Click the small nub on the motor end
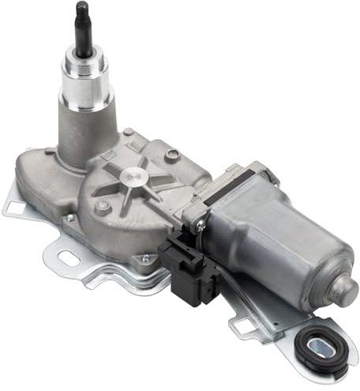[x=347, y=287]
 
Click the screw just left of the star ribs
[x=102, y=207]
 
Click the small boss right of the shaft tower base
[x=128, y=132]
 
